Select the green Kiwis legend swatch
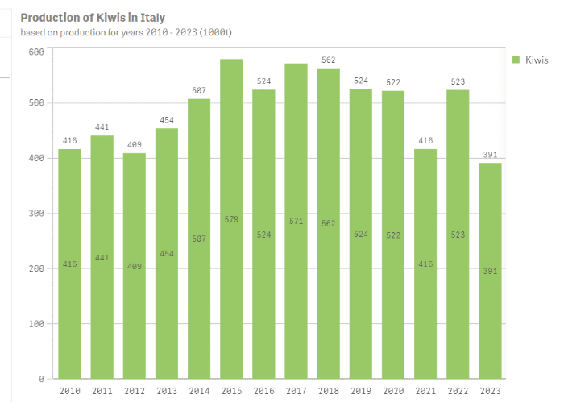[516, 60]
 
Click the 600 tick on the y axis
[35, 52]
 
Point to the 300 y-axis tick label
[35, 214]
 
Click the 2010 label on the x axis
[69, 391]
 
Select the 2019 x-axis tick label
[361, 391]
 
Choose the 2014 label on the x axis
[199, 391]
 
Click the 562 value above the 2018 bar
[328, 60]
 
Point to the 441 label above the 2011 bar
[102, 127]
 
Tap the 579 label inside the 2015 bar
[231, 219]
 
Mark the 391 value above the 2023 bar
[490, 155]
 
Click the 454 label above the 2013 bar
[167, 120]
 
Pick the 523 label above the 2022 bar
[458, 81]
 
